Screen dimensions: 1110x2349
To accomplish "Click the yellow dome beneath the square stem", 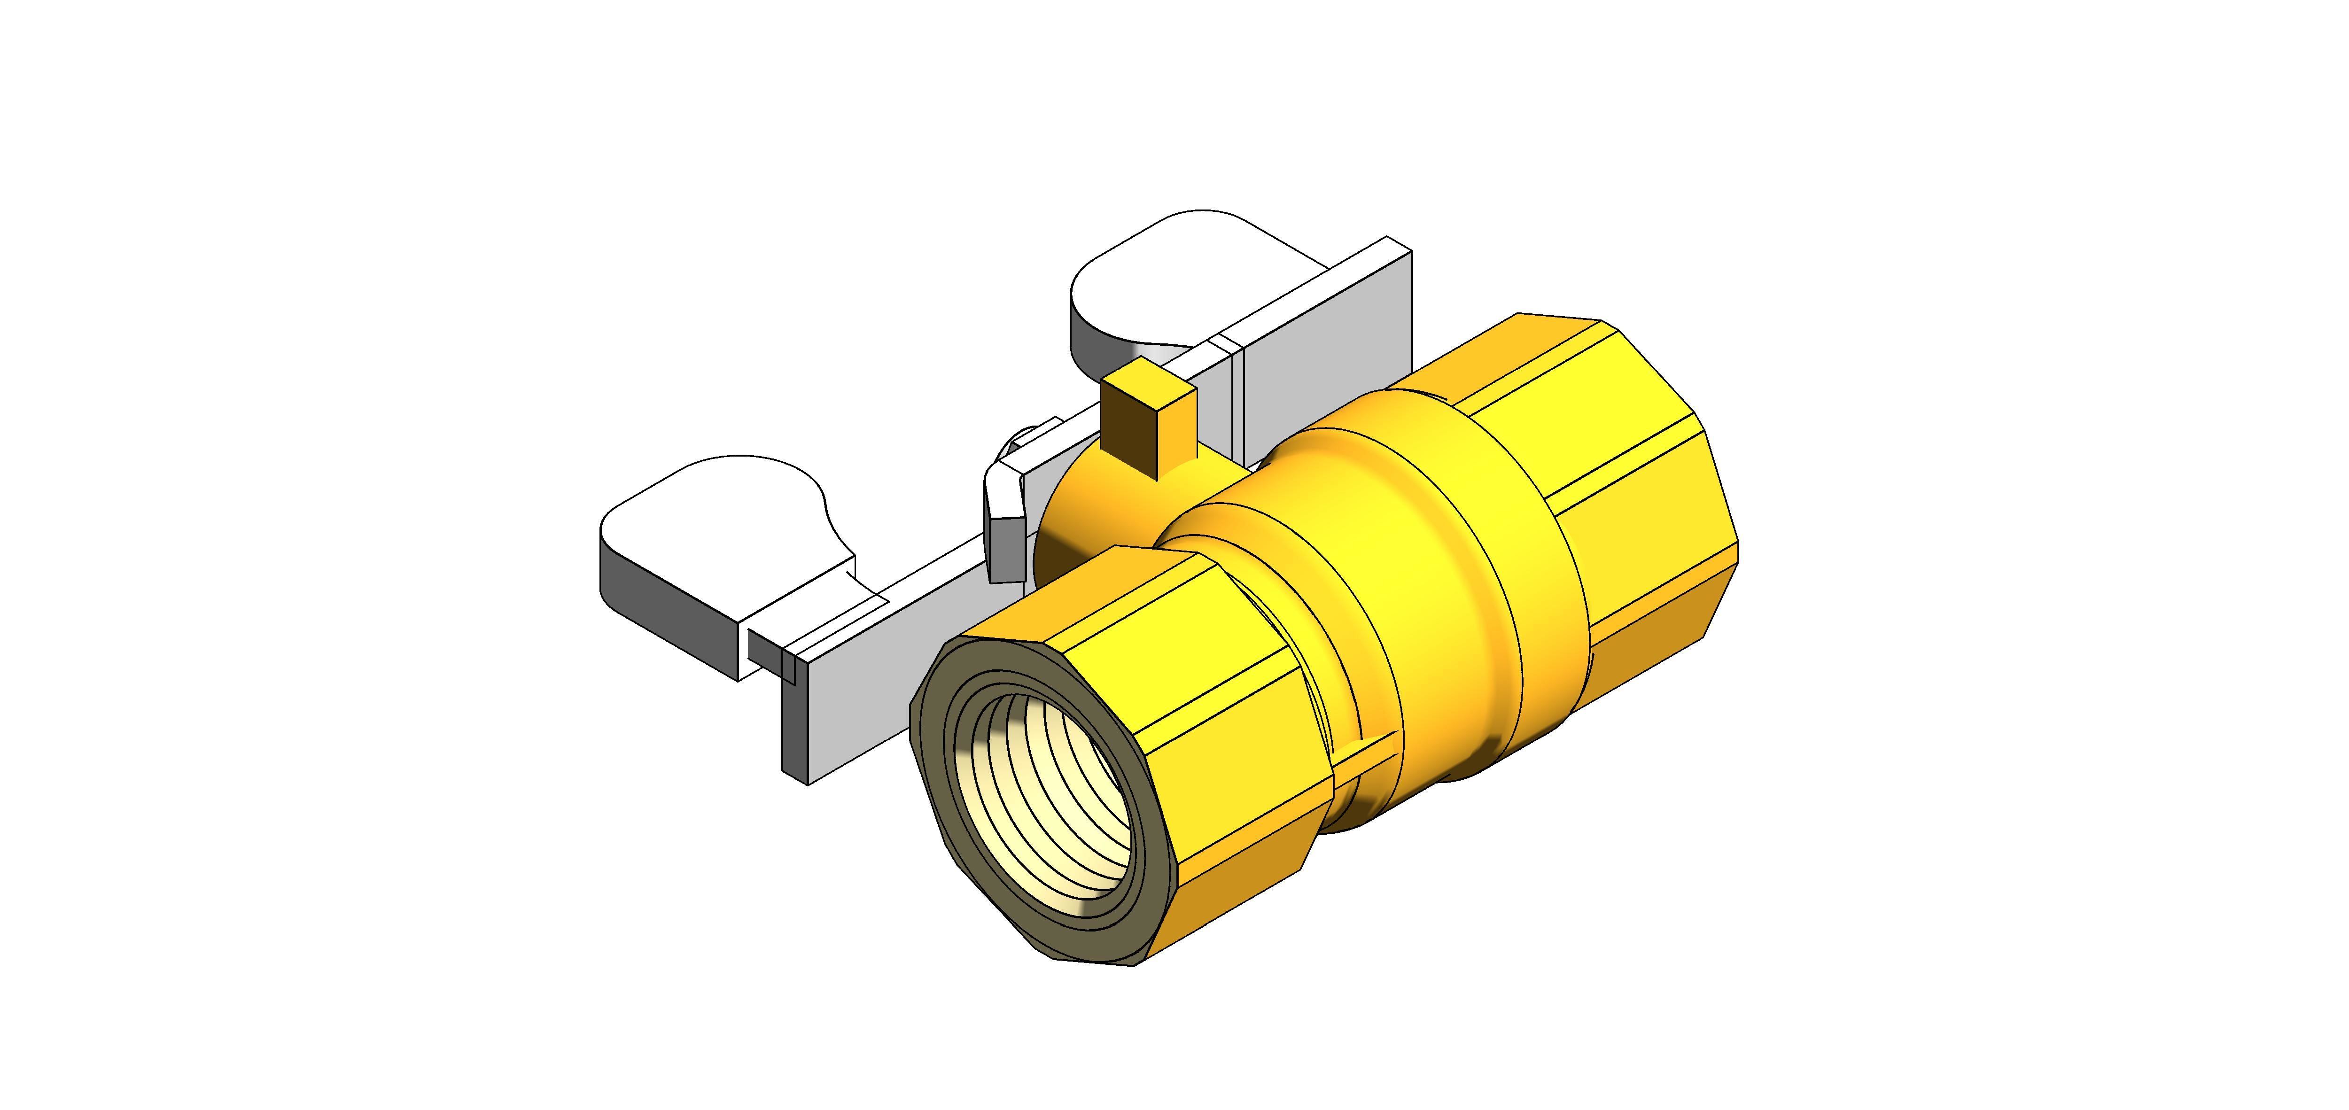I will (x=1094, y=511).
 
